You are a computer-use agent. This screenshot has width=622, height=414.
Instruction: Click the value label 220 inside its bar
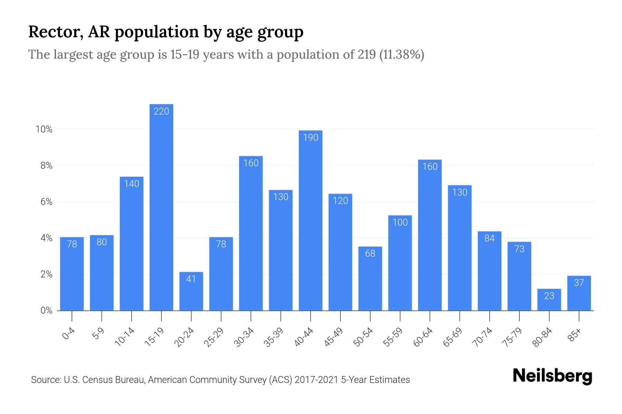[x=161, y=111]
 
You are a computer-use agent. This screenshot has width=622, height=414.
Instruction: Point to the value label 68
[x=370, y=254]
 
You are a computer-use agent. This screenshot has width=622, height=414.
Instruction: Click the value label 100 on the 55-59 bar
[x=400, y=223]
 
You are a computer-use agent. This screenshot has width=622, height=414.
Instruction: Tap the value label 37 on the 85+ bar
[x=579, y=283]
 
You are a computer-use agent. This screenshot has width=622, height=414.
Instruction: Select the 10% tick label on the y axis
[x=44, y=129]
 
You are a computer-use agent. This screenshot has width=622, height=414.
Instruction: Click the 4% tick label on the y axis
[x=46, y=238]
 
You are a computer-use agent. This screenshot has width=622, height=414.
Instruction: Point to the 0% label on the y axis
[x=46, y=310]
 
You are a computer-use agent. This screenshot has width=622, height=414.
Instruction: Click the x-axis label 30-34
[x=244, y=337]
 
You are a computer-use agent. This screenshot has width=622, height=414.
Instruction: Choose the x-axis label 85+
[x=575, y=335]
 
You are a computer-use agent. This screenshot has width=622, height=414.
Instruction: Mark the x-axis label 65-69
[x=453, y=337]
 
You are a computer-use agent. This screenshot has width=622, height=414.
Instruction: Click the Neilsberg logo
[x=552, y=376]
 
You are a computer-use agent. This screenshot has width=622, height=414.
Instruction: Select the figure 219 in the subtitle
[x=367, y=55]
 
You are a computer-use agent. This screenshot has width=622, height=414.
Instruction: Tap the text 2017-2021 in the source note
[x=316, y=380]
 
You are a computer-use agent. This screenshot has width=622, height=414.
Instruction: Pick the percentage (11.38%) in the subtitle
[x=402, y=55]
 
